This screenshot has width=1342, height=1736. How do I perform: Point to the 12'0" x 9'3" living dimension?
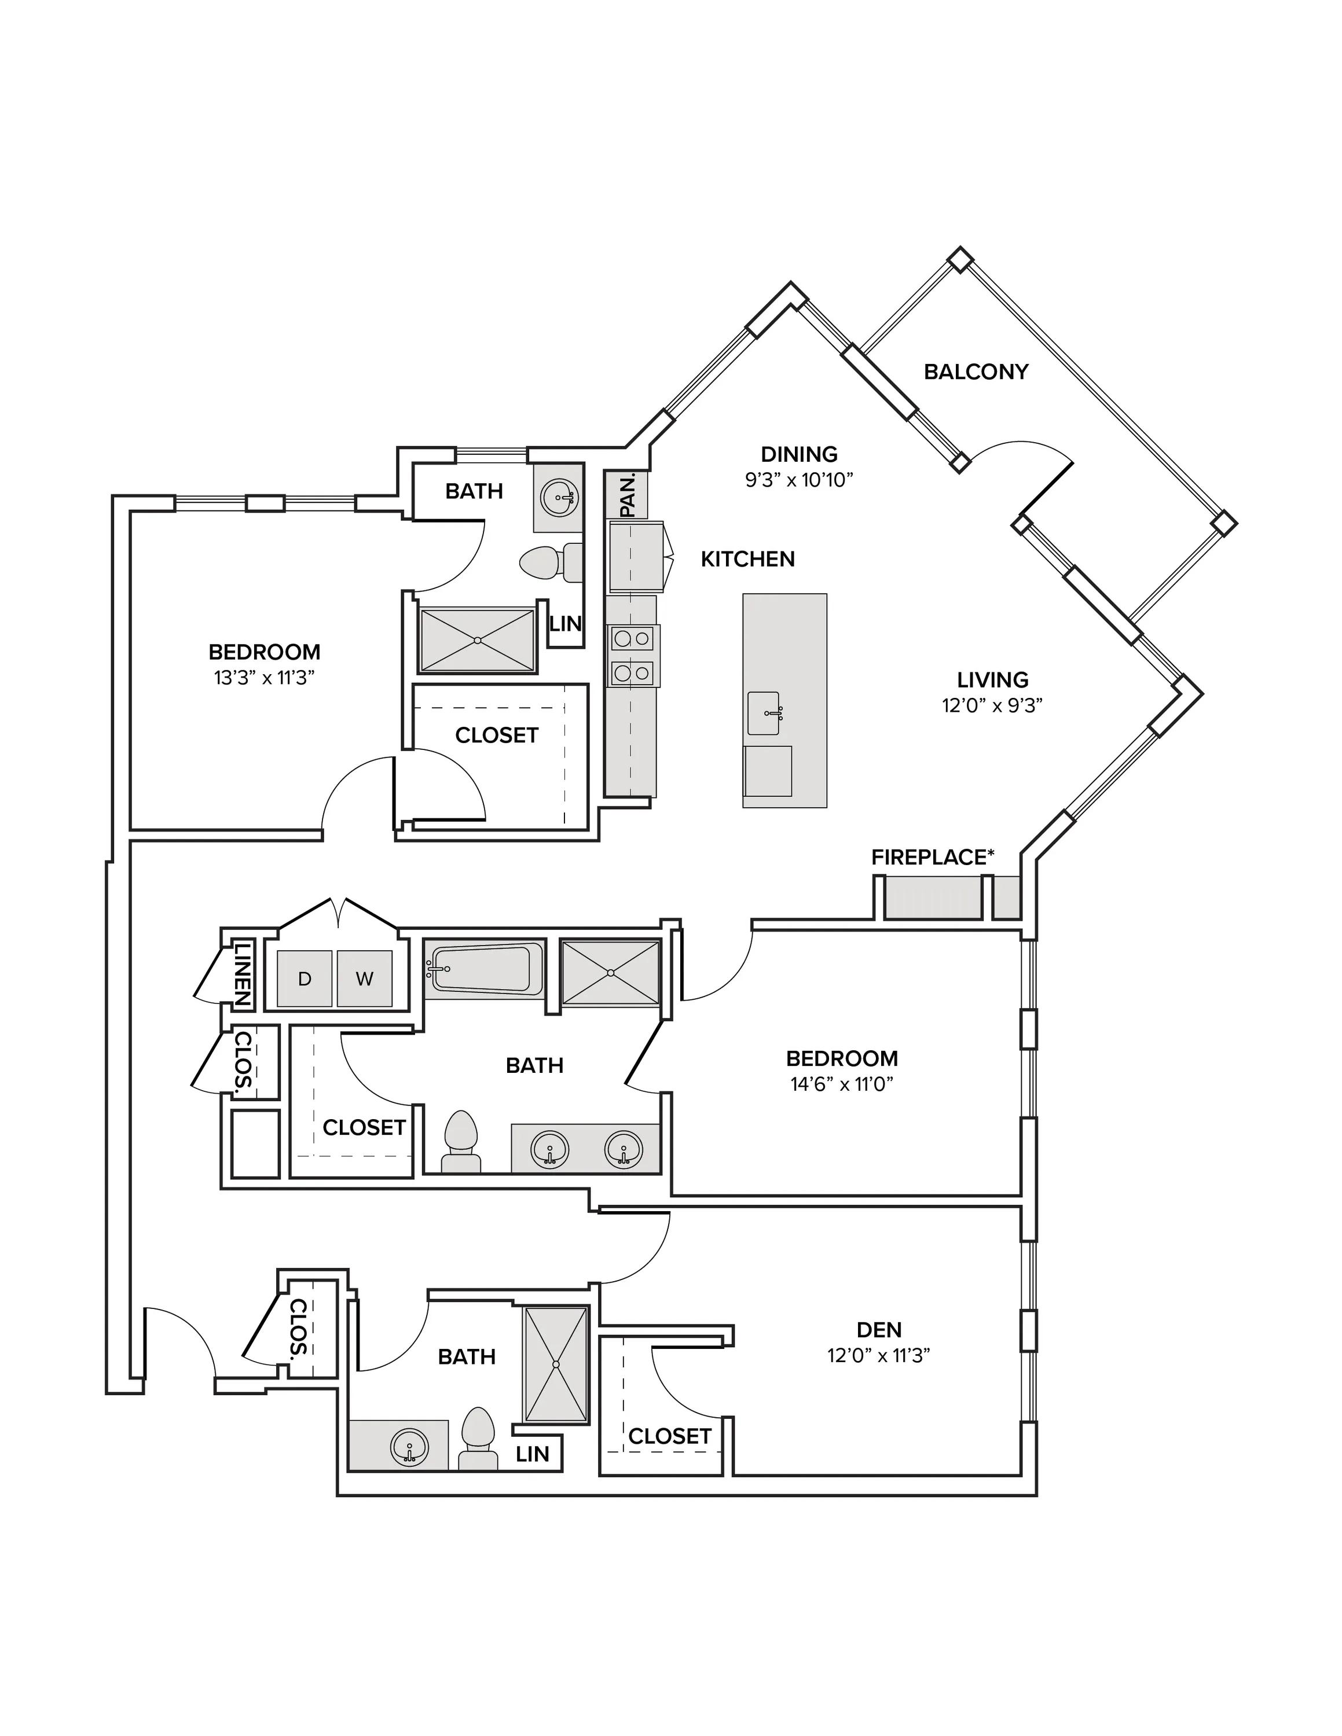click(x=992, y=705)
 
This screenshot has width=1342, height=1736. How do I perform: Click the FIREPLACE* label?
click(x=933, y=857)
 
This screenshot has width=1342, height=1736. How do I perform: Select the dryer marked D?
click(x=305, y=979)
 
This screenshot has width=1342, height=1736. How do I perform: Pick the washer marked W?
click(x=364, y=979)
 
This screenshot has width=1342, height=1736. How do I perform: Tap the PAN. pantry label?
click(x=627, y=495)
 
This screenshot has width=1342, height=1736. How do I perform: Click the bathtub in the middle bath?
click(x=483, y=969)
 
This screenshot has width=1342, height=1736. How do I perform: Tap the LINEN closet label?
click(x=243, y=974)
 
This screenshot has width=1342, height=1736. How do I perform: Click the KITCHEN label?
click(x=747, y=559)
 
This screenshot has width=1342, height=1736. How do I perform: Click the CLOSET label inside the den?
click(x=669, y=1436)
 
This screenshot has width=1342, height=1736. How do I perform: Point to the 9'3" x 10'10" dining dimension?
click(x=799, y=479)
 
